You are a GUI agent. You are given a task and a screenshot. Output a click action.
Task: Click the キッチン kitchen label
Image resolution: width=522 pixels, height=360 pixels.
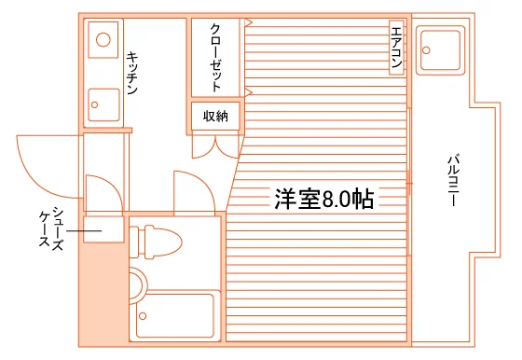point(132,73)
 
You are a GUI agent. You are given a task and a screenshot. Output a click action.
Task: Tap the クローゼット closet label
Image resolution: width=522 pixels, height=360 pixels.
point(215,57)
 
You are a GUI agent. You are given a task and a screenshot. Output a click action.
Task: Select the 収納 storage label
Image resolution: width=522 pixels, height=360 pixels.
point(215,117)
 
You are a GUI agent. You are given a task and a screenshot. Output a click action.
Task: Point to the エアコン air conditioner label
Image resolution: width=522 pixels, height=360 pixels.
point(396,48)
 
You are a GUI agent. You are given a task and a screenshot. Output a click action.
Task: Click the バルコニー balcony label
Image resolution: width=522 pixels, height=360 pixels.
point(453,180)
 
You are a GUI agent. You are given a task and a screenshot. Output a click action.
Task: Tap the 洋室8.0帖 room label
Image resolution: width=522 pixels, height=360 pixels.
point(324,199)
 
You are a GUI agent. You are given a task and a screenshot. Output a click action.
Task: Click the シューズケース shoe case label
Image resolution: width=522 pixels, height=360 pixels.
point(51,228)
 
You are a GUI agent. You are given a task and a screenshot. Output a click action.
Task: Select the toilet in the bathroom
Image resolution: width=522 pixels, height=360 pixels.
point(156,242)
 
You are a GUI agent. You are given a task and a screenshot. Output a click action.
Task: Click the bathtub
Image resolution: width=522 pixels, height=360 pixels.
point(175,316)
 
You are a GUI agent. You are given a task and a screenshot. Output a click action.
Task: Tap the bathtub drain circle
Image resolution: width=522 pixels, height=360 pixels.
point(143,316)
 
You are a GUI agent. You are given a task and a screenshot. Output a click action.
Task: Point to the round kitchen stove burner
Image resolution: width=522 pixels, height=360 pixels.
point(103,39)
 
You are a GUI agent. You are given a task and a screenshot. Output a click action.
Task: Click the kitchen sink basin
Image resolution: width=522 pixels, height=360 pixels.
point(103,104)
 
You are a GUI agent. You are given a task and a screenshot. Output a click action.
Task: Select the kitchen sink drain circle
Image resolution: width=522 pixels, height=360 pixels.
point(94,104)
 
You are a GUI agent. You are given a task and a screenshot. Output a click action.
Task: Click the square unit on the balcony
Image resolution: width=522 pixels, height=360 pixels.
point(440,50)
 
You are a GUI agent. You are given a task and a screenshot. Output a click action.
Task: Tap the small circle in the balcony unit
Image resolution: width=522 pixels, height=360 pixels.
point(426,50)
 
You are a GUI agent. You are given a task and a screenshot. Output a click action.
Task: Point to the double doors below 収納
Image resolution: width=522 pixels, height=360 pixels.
point(215,146)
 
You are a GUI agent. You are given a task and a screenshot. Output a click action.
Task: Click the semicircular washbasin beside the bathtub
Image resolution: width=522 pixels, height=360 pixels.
point(139,286)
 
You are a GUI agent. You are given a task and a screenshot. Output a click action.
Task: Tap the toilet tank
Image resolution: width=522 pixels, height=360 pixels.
point(134,242)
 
